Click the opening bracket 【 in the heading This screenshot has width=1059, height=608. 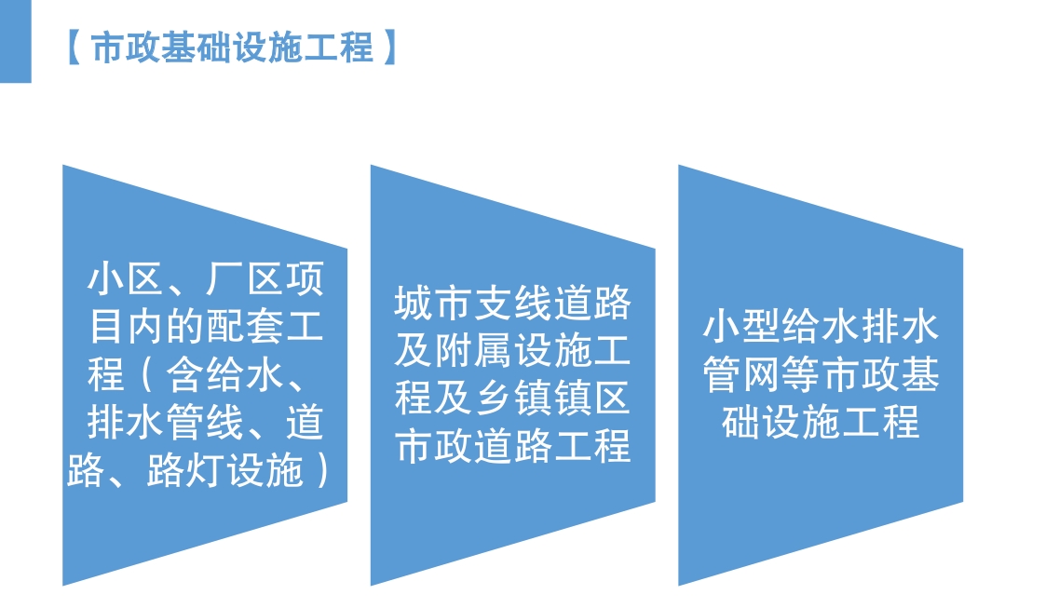(x=75, y=47)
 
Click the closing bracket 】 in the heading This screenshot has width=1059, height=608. (x=389, y=47)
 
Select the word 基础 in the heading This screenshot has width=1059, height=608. (x=196, y=47)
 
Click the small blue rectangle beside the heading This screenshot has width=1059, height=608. (x=16, y=41)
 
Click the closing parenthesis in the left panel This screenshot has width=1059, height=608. (x=322, y=470)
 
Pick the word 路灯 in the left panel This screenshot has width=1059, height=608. (x=185, y=470)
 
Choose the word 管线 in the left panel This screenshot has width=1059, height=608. (x=205, y=423)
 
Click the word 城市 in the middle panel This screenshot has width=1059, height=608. (x=433, y=303)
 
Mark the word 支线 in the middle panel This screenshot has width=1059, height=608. (x=512, y=303)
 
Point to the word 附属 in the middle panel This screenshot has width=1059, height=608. (x=473, y=351)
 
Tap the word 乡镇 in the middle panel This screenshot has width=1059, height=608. (x=512, y=399)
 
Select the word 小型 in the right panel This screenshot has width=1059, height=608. (x=741, y=328)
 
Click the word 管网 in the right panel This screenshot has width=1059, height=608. (x=741, y=375)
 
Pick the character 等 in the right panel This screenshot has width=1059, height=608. (x=801, y=375)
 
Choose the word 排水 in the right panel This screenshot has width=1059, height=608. (x=901, y=328)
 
